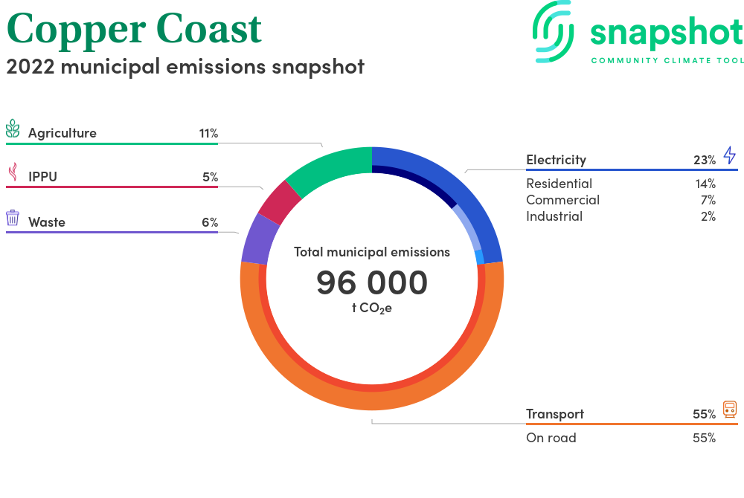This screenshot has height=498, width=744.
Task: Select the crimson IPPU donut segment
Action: [280, 202]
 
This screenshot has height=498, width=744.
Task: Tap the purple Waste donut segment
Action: [260, 239]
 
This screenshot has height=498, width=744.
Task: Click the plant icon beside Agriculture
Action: [13, 129]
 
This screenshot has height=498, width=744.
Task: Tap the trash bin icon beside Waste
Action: [13, 218]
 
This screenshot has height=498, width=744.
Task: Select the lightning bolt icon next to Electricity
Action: [730, 155]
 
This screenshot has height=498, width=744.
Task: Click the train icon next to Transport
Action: [730, 409]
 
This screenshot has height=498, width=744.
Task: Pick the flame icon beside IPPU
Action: [13, 172]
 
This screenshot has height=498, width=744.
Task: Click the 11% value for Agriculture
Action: [208, 133]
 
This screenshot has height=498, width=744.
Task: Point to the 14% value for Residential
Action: [705, 184]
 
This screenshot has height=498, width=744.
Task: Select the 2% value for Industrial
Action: [708, 216]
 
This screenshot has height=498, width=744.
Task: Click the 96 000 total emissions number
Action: [372, 282]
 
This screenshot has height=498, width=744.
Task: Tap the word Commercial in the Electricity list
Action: [562, 200]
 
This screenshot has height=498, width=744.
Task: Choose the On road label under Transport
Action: [551, 437]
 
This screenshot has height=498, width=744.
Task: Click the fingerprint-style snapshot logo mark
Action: [553, 32]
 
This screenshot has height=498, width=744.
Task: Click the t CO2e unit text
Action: [372, 308]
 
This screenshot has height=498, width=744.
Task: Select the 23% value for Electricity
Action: [705, 160]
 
